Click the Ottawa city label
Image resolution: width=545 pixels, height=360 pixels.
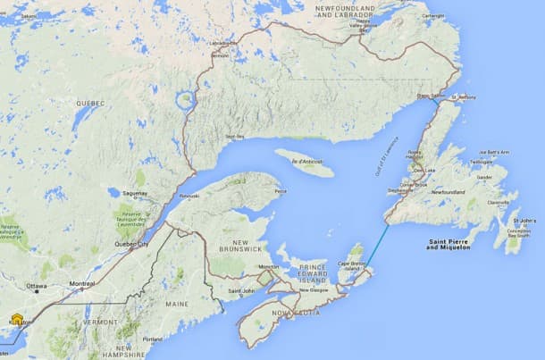[x=37, y=287]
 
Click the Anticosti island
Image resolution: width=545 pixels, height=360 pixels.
[x=305, y=163]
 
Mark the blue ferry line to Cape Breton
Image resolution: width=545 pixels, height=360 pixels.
[x=381, y=246]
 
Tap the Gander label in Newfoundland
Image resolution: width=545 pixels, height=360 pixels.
[x=485, y=177]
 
